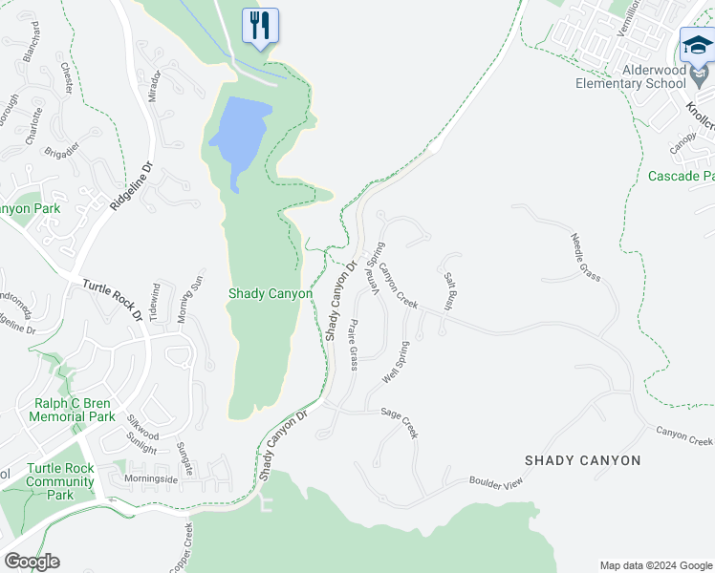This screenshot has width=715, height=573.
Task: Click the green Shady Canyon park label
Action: [x=270, y=294]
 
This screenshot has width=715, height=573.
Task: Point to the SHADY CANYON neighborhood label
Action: [x=583, y=460]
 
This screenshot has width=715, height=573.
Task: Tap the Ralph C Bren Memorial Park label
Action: [x=72, y=411]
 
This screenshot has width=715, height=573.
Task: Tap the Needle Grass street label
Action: [x=585, y=258]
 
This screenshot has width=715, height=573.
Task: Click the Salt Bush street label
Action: [x=448, y=290]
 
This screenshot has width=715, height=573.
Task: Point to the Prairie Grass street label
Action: [x=353, y=345]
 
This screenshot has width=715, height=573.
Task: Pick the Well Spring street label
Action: [x=396, y=363]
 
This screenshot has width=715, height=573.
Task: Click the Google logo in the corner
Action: [x=32, y=562]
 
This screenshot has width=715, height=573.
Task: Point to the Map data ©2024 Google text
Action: [x=655, y=565]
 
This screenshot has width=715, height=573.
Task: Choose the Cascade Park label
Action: [x=681, y=176]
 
